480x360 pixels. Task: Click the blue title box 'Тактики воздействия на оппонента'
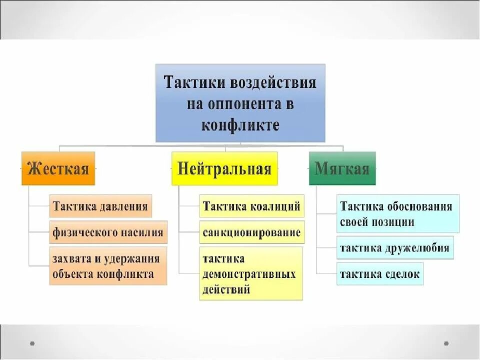pos(240,102)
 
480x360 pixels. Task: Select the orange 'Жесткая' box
pos(58,168)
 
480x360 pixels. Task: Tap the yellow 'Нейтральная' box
pos(224,168)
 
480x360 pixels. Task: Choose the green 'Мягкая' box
pos(342,168)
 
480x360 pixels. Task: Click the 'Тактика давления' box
pos(100,206)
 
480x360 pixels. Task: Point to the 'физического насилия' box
pos(108,232)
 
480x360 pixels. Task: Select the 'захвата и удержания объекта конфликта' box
pos(108,266)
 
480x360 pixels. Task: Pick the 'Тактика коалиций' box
pos(251,206)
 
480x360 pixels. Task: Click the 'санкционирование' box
pos(251,232)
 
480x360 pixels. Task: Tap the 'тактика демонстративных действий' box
pos(251,273)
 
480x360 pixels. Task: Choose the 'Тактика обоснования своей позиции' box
pos(397,214)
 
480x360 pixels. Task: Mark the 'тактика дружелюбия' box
pos(395,248)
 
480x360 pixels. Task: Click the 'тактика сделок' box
pos(379,274)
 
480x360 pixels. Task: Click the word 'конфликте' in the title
pos(240,124)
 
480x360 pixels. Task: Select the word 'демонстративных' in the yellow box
pos(249,274)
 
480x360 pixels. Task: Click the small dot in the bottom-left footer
pos(32,343)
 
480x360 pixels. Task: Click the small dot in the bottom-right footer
pos(446,343)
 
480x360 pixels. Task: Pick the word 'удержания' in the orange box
pos(134,258)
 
